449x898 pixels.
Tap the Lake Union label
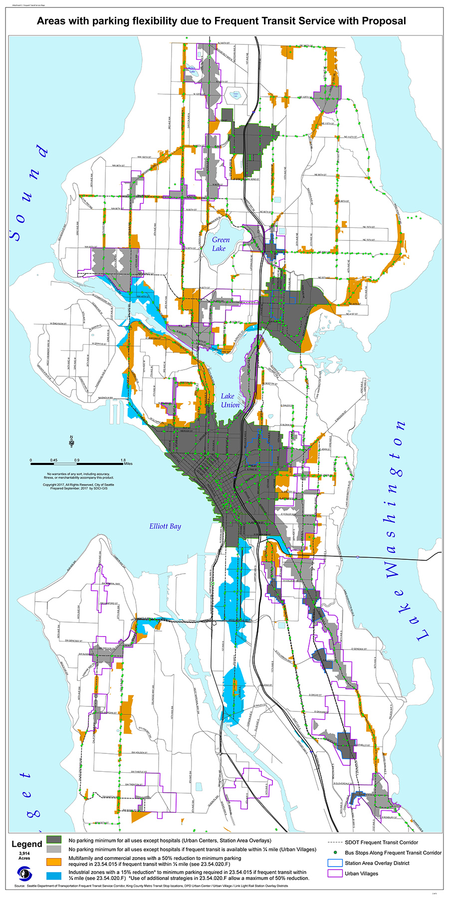[230, 400]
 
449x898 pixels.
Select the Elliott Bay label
[165, 526]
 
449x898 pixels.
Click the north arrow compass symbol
[72, 440]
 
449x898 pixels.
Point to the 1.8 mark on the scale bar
[123, 460]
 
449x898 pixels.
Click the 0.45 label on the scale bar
[53, 460]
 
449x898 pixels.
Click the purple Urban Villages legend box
[335, 874]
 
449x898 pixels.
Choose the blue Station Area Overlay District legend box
[335, 863]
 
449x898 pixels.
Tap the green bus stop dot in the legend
[336, 853]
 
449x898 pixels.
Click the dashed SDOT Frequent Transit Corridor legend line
[334, 842]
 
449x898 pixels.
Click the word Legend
[27, 844]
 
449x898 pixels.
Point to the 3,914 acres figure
[24, 854]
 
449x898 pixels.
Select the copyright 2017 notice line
[78, 484]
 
